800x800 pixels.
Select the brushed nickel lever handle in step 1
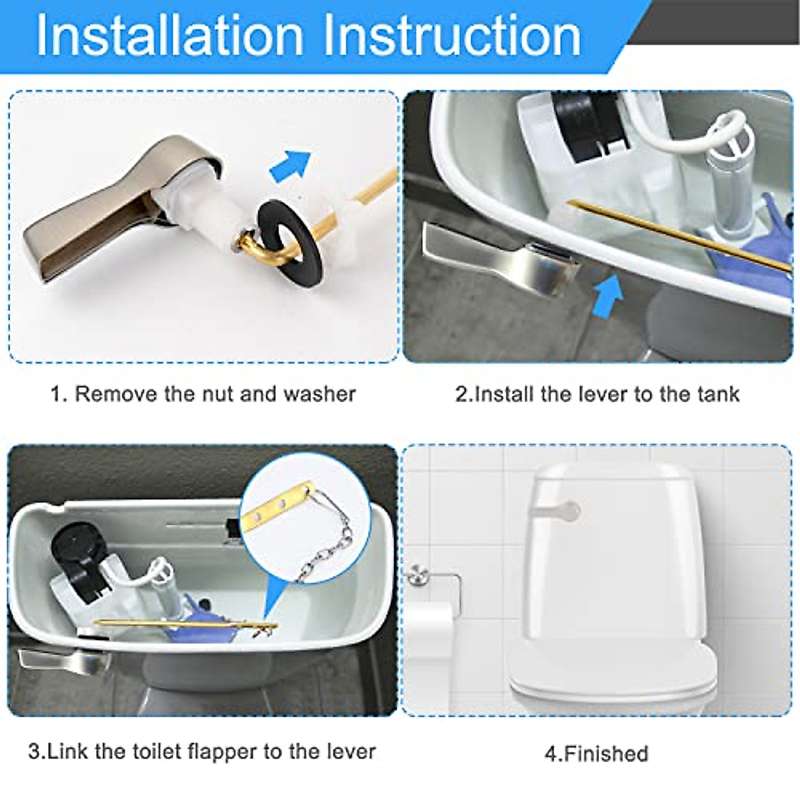[x=100, y=220]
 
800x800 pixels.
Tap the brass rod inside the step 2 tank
[x=673, y=233]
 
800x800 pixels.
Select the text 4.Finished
[x=596, y=754]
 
